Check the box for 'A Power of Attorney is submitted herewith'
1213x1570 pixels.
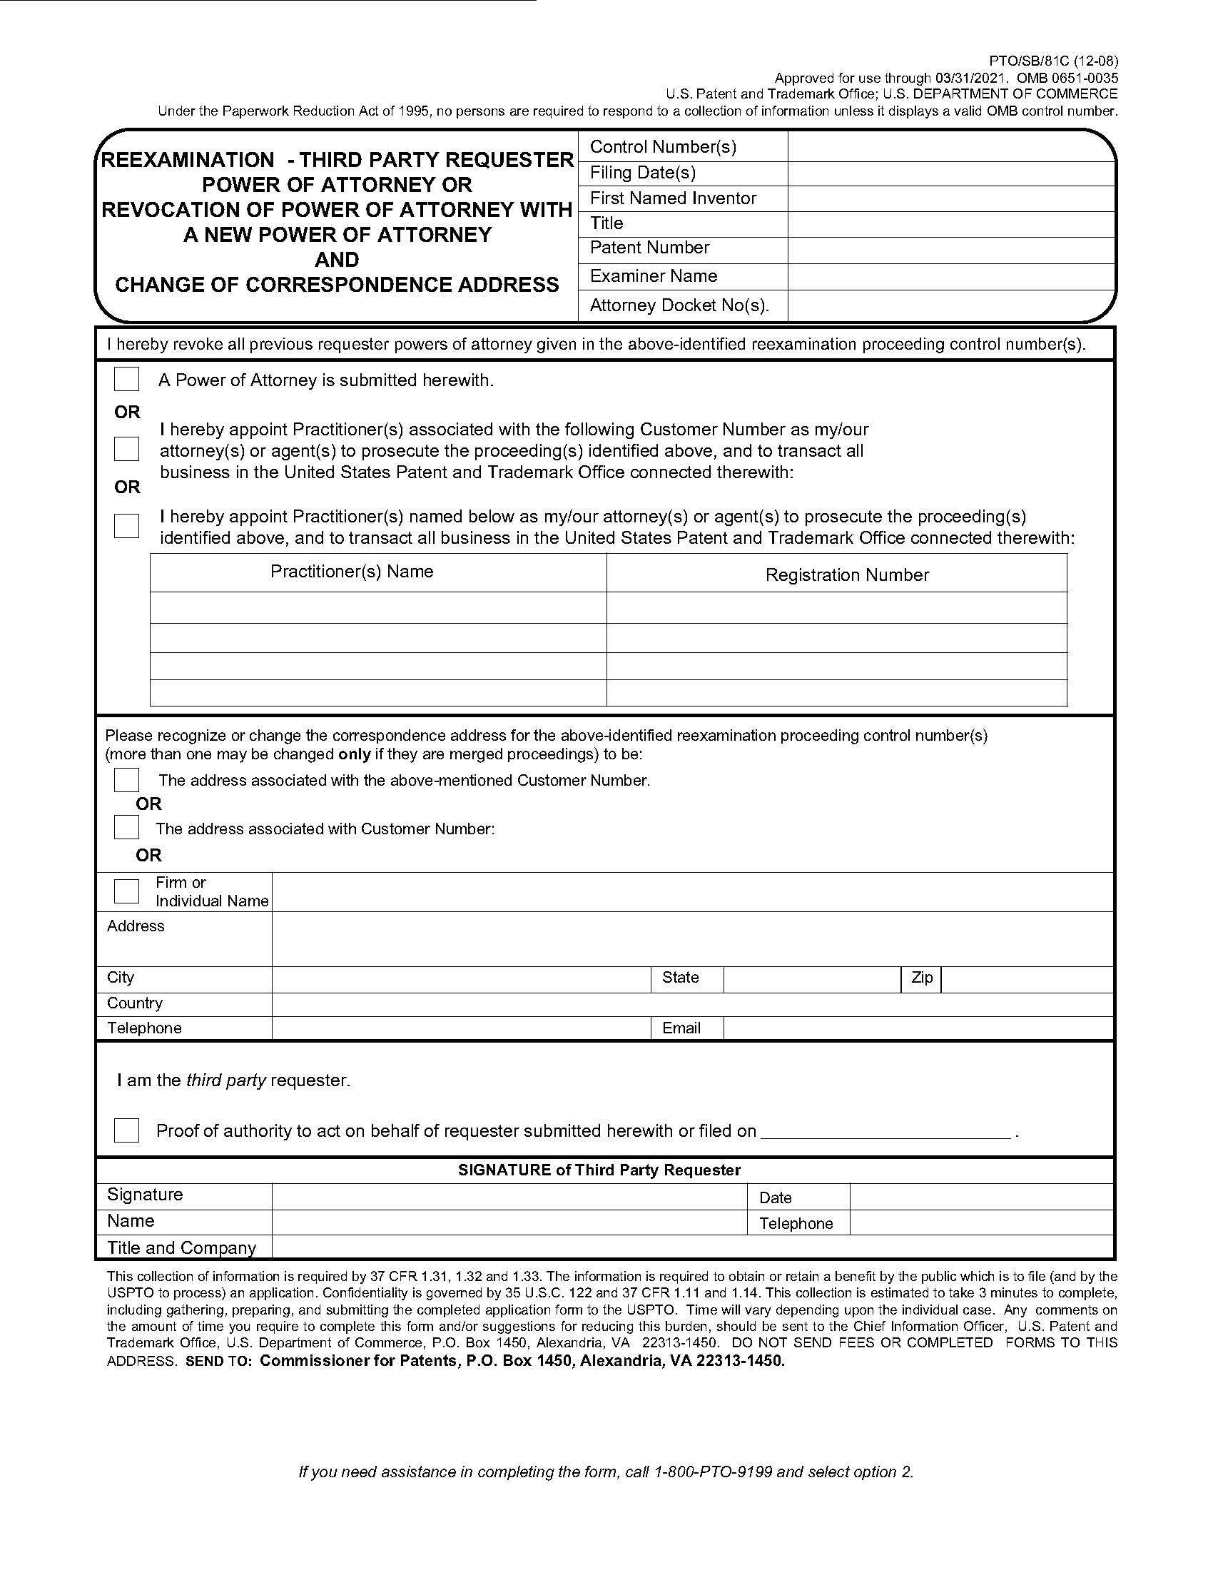point(126,379)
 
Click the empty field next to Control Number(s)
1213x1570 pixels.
point(950,146)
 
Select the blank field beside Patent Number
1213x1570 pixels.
point(950,250)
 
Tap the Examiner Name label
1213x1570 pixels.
point(652,276)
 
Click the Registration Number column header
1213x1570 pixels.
point(846,575)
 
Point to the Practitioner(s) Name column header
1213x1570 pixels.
point(351,572)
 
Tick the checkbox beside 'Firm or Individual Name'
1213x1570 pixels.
point(126,891)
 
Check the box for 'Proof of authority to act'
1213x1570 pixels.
point(126,1130)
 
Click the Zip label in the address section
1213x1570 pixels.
point(921,978)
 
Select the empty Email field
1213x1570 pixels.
point(918,1028)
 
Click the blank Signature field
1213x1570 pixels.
point(509,1196)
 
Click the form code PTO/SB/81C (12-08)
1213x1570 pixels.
point(1053,61)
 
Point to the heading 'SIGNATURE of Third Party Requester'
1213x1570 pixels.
point(599,1170)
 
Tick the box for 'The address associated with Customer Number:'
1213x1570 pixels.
point(126,827)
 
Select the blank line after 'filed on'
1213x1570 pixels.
point(885,1132)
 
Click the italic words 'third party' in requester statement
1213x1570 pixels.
point(225,1080)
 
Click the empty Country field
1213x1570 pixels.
point(692,1004)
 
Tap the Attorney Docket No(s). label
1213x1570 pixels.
point(679,305)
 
